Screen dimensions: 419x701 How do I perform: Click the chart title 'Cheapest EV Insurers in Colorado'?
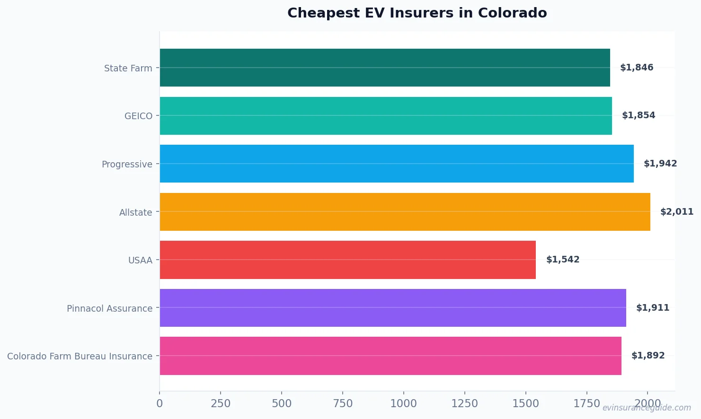tap(417, 13)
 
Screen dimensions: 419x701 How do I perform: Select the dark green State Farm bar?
tap(385, 68)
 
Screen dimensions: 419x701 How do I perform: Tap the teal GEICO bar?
tap(386, 116)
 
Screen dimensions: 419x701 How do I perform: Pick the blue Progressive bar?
tap(397, 164)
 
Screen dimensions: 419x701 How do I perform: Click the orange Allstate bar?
tap(405, 212)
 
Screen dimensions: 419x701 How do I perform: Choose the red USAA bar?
tap(348, 260)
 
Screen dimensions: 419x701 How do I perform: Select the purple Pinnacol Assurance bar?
tap(393, 308)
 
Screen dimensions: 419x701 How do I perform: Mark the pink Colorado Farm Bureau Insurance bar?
tap(390, 356)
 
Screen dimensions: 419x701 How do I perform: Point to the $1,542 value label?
tap(563, 260)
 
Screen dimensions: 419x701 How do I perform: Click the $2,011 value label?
tap(677, 212)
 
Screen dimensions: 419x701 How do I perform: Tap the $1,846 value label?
tap(637, 68)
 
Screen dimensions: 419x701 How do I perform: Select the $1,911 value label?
tap(653, 308)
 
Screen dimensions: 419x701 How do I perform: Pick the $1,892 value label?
tap(648, 356)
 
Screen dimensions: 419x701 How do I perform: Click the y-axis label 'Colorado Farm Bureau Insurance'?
tap(80, 356)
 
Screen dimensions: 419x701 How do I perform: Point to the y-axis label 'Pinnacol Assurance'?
tap(109, 308)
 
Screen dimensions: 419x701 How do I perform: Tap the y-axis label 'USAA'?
tap(140, 260)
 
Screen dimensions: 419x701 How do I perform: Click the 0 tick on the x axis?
tap(160, 403)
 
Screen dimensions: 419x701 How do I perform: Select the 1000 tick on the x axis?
tap(404, 403)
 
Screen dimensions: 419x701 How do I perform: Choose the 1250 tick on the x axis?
tap(465, 403)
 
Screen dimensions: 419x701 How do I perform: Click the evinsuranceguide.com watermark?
tap(647, 408)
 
